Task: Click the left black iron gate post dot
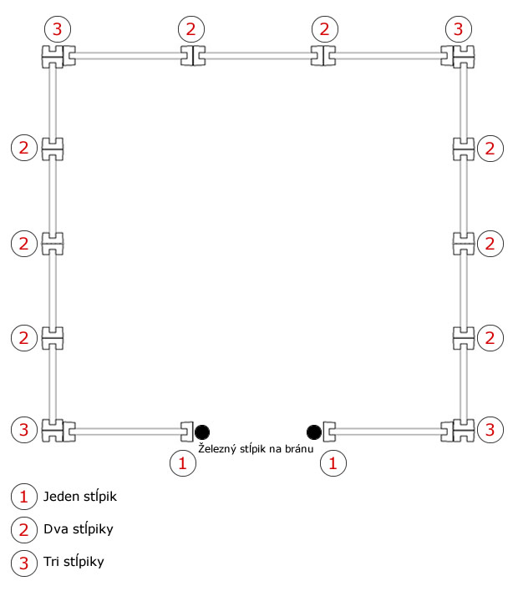(x=202, y=432)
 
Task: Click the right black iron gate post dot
(x=314, y=432)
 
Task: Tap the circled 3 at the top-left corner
(x=58, y=29)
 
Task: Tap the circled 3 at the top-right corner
(x=459, y=29)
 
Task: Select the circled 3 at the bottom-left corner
(x=24, y=430)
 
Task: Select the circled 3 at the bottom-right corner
(x=490, y=430)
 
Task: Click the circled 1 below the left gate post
(x=183, y=463)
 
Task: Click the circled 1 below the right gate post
(x=333, y=463)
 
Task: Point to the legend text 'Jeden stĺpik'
(x=80, y=497)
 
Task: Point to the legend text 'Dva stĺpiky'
(x=79, y=529)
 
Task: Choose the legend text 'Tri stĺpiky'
(x=74, y=562)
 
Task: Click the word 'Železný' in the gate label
(x=217, y=448)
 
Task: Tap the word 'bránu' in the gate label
(x=299, y=448)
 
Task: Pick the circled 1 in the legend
(x=24, y=497)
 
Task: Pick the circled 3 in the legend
(x=24, y=563)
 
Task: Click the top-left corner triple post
(x=58, y=57)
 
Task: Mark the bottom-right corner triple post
(x=457, y=432)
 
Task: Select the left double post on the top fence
(x=193, y=56)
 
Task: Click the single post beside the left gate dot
(x=187, y=432)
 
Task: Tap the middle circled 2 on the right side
(x=490, y=244)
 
